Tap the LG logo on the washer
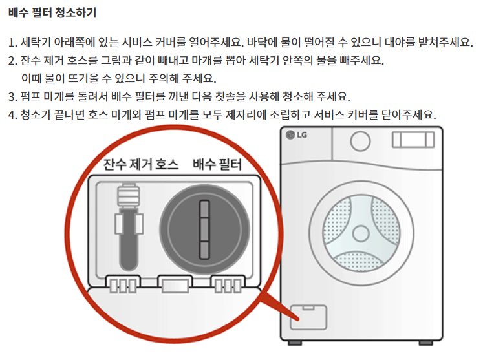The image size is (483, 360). coord(299,136)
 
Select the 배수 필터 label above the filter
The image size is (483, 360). coord(217,165)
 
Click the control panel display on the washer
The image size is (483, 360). coord(413,139)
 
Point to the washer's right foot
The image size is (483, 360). coord(426,341)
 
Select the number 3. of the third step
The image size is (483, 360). coord(12,97)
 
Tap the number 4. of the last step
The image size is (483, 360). coord(12,115)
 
